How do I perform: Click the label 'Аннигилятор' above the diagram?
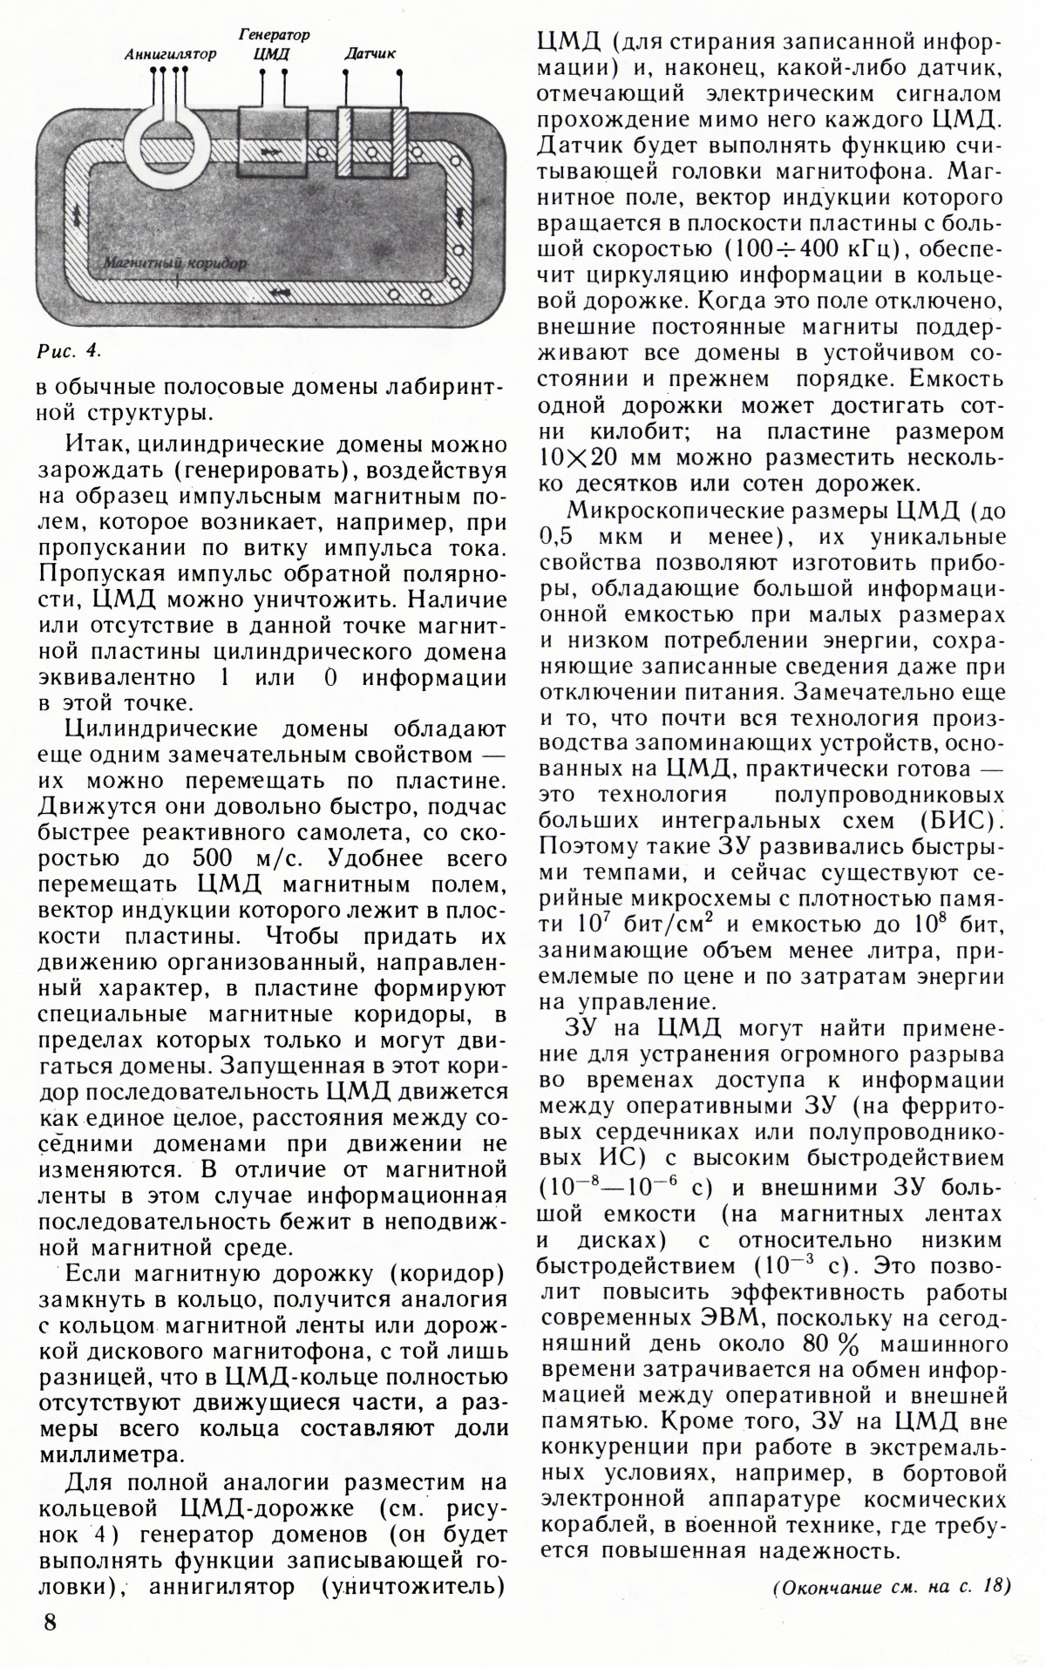coord(170,54)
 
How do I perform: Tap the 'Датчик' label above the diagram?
coord(370,54)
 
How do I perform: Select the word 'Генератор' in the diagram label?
coord(274,35)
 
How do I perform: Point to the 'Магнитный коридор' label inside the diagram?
coord(174,261)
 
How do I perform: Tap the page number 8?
coord(51,1622)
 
